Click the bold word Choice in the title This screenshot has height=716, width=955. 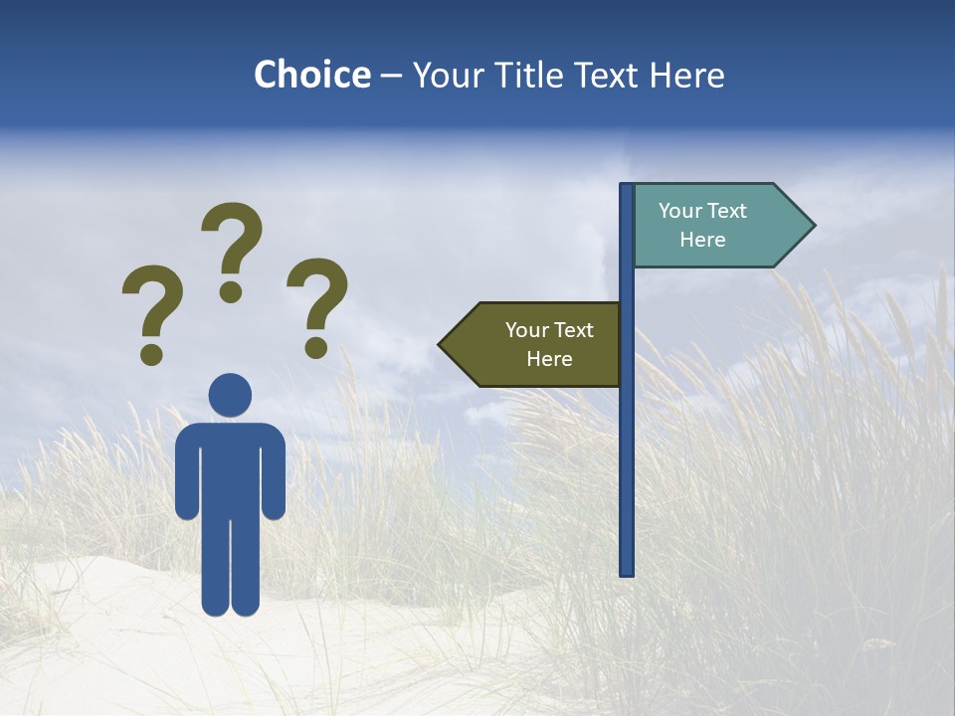point(311,75)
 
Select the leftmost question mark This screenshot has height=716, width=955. point(151,303)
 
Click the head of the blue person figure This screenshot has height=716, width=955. point(230,394)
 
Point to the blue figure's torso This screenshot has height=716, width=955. point(230,467)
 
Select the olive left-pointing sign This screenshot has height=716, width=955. point(537,344)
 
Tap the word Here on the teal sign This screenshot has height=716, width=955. point(702,240)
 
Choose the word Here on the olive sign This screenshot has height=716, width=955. point(549,359)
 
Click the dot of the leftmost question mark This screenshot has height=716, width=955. point(151,353)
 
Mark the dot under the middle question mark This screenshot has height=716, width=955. point(231,291)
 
